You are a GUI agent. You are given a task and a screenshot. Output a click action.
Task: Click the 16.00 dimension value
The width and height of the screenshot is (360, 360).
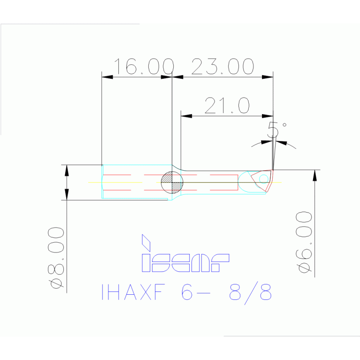(144, 67)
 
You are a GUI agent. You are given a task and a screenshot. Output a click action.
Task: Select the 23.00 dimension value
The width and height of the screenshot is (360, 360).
(223, 67)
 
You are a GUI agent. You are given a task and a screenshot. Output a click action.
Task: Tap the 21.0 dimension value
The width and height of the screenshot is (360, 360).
(227, 106)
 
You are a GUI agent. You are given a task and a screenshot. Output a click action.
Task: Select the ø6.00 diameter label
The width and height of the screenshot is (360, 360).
(304, 242)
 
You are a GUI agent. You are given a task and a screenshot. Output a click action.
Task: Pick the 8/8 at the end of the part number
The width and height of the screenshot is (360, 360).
(250, 293)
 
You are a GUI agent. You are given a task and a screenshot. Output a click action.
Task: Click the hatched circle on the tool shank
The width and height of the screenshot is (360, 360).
(171, 182)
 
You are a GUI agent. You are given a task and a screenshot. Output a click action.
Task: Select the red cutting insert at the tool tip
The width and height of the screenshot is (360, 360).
(260, 180)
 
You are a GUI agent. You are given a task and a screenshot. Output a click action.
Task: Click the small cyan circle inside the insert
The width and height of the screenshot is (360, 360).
(264, 178)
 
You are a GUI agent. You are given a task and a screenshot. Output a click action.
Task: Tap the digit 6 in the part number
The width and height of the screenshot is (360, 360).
(187, 293)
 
